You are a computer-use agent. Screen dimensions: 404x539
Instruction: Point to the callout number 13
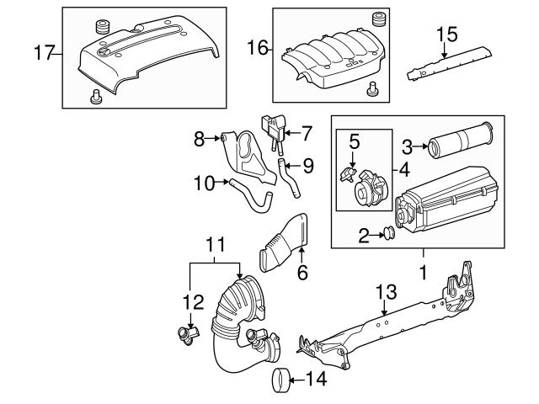point(384,291)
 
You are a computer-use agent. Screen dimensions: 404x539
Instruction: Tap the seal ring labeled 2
point(390,234)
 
